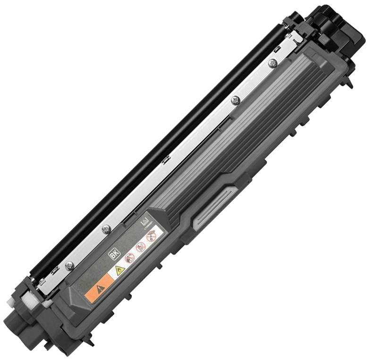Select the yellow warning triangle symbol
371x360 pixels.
click(x=119, y=270)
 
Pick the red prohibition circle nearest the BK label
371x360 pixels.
click(x=130, y=258)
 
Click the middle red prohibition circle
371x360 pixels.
click(x=140, y=247)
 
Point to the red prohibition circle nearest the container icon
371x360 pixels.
click(x=151, y=235)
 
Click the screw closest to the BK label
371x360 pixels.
click(x=107, y=228)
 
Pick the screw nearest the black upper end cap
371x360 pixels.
click(x=272, y=62)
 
